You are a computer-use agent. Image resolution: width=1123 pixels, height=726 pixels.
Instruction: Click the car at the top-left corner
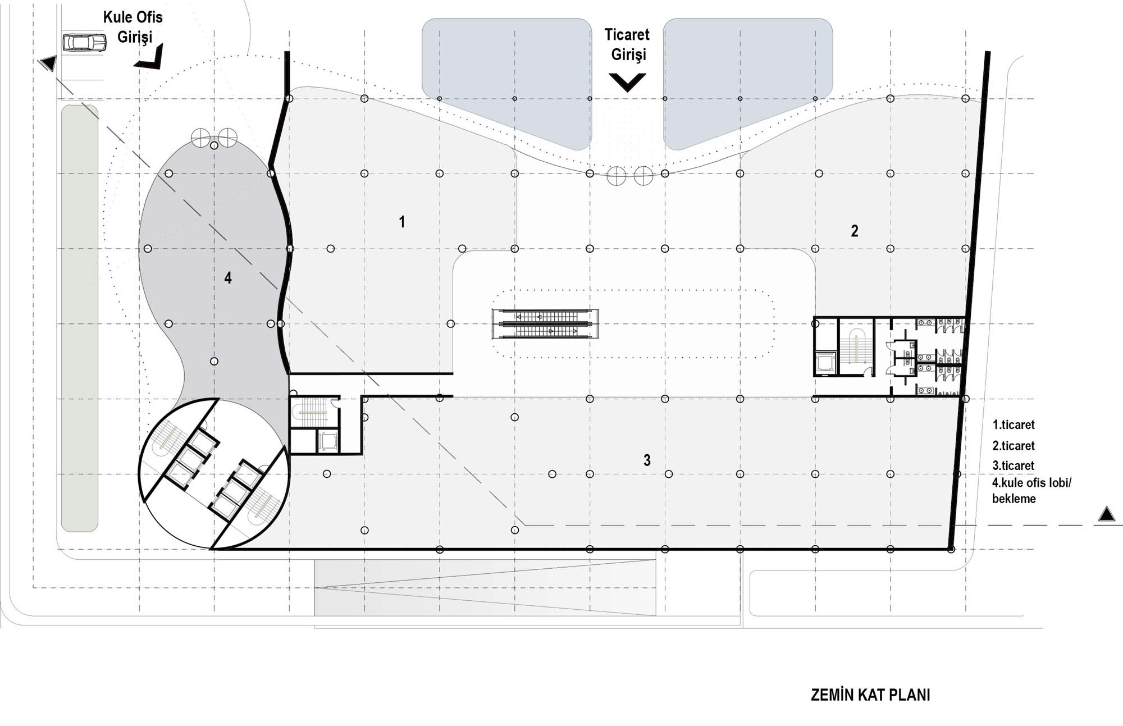coord(84,43)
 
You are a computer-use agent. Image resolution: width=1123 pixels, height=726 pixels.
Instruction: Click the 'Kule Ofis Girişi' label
coord(133,27)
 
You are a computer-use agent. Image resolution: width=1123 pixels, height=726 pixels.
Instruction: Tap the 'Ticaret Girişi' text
coord(627,44)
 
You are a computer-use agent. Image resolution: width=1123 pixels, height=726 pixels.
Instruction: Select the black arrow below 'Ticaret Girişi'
coord(628,82)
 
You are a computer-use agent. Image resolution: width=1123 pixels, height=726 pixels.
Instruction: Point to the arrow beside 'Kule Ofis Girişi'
coord(150,58)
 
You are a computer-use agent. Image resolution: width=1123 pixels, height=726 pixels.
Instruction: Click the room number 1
coord(401,222)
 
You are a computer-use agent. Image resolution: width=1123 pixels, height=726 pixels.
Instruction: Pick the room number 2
coord(855,231)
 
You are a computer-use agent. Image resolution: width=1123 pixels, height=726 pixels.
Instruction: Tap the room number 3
coord(647,460)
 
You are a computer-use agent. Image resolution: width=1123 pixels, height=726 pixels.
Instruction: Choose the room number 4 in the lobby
coord(227,277)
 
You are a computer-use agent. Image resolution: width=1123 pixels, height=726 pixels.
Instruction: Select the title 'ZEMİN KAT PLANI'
coord(870,695)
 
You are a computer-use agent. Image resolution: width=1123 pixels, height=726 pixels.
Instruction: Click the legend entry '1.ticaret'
coord(1014,425)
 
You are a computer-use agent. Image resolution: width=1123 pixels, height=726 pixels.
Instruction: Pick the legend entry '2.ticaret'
coord(1014,446)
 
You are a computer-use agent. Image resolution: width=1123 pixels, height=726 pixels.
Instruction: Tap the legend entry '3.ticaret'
coord(1014,465)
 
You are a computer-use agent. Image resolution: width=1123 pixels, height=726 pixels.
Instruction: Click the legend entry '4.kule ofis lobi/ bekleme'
coord(1031,491)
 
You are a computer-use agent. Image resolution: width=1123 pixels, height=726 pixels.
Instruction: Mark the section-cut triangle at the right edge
coord(1106,514)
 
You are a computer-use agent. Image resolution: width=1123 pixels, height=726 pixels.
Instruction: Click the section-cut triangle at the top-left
coord(48,63)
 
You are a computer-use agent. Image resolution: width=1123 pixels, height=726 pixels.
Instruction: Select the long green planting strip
coord(80,318)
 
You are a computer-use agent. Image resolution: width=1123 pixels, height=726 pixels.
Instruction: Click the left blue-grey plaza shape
coord(506,83)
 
